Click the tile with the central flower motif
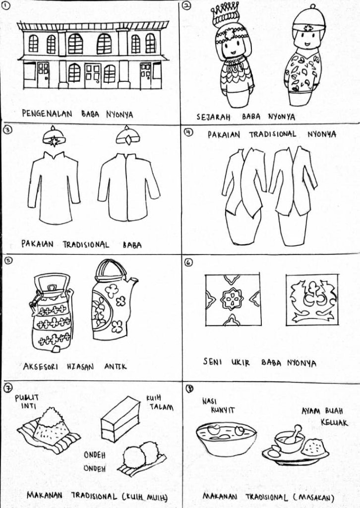233,300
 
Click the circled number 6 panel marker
189,261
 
